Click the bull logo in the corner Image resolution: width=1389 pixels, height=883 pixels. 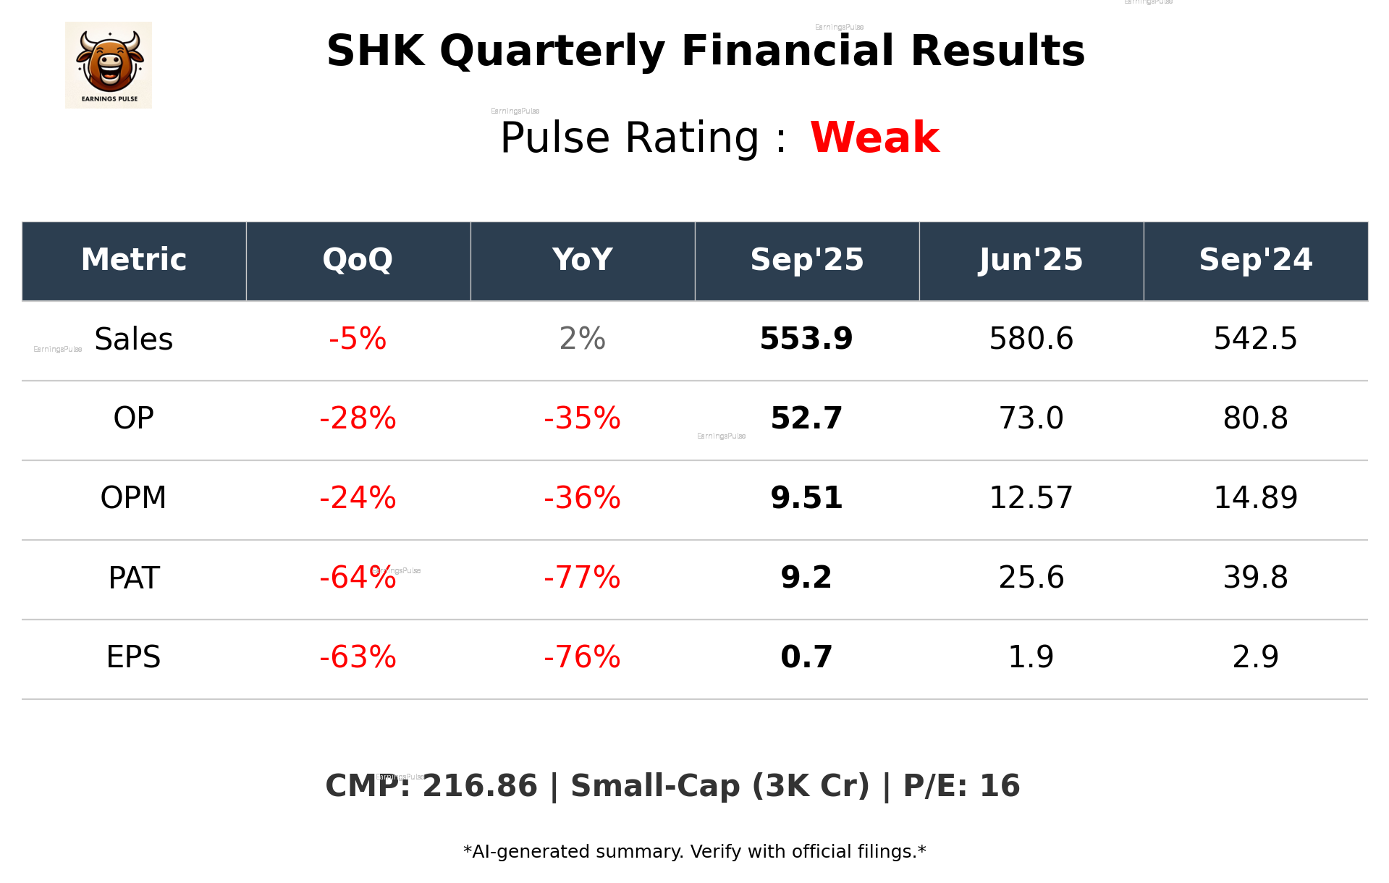coord(109,65)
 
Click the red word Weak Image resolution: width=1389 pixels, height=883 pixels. coord(874,138)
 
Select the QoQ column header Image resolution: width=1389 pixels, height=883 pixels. coord(358,260)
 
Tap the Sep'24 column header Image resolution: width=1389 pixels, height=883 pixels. coord(1255,260)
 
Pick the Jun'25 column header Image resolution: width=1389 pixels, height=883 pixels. coord(1031,260)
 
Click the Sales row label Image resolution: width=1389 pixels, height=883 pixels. coord(134,339)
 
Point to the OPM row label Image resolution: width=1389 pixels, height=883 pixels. coord(133,498)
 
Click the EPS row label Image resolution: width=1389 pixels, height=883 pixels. coord(133,657)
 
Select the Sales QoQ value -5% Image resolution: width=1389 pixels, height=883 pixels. coord(358,339)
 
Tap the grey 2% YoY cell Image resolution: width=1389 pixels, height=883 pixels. coord(582,339)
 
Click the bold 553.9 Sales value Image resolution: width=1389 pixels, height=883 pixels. coord(806,339)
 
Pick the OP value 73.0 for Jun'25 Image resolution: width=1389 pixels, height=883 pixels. coord(1031,418)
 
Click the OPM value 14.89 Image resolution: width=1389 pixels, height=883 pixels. coord(1255,498)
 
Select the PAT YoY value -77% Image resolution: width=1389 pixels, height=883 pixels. coord(582,578)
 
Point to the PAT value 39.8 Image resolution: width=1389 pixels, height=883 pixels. coord(1255,578)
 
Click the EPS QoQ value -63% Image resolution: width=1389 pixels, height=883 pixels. coord(358,657)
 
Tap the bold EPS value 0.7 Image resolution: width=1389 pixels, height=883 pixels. coord(806,657)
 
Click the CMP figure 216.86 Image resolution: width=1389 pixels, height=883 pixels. coord(480,786)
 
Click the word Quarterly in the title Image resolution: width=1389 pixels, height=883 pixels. coord(552,52)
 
